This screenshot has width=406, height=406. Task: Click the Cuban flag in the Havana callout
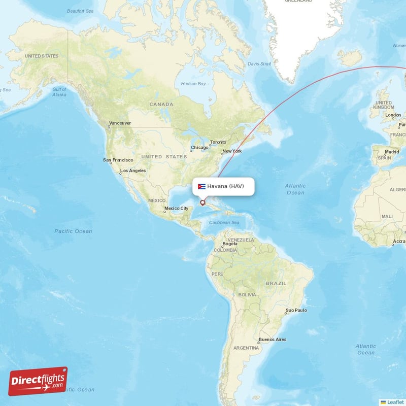click(x=201, y=186)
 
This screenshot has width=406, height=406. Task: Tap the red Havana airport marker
click(x=202, y=203)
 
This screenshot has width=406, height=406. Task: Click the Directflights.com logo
click(x=38, y=381)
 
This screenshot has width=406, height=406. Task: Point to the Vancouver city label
click(x=120, y=123)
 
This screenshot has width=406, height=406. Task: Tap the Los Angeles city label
click(x=132, y=171)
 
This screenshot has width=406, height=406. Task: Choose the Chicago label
click(x=198, y=148)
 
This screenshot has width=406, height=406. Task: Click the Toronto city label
click(x=218, y=142)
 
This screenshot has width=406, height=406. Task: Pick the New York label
click(x=232, y=151)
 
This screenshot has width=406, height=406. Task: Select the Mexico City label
click(x=176, y=208)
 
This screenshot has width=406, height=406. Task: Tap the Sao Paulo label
click(x=297, y=310)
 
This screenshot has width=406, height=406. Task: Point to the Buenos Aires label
click(x=272, y=340)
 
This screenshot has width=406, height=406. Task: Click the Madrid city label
click(x=392, y=152)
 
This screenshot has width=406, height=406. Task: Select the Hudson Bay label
click(x=194, y=83)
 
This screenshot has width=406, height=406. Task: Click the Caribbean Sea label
click(x=224, y=223)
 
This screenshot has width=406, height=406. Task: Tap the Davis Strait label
click(x=259, y=64)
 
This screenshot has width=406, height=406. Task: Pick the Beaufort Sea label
click(x=80, y=11)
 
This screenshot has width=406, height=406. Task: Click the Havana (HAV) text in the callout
click(x=225, y=186)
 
